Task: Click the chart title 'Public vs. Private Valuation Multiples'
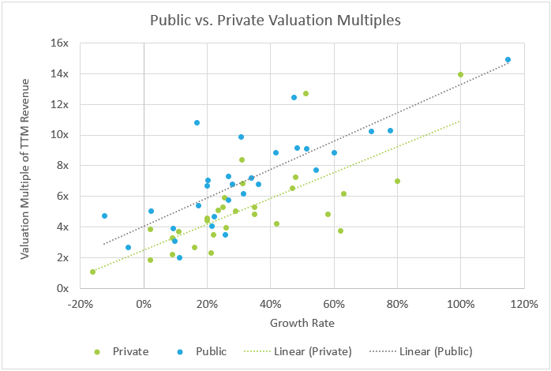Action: (275, 19)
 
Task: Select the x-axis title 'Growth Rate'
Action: (301, 322)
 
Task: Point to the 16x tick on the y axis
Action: (60, 43)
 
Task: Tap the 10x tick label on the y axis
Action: (60, 135)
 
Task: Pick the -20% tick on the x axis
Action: (80, 303)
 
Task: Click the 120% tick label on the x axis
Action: (523, 303)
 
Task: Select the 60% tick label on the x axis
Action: (333, 303)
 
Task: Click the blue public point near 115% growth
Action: (508, 60)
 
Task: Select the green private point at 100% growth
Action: (460, 75)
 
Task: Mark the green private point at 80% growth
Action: (397, 181)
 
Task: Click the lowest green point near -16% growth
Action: (92, 272)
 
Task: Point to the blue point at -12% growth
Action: (104, 215)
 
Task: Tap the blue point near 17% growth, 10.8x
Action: (197, 122)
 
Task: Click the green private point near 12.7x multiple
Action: (305, 93)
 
